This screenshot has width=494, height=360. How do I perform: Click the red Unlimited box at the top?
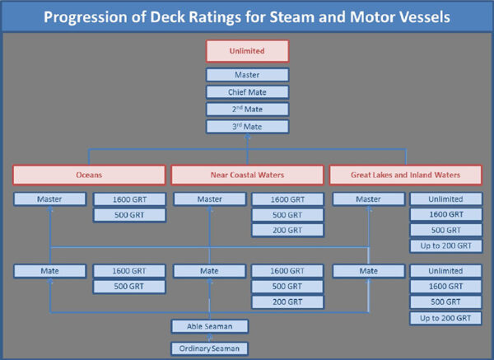click(247, 52)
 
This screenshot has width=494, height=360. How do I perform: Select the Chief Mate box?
click(247, 91)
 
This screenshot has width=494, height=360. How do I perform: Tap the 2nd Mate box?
click(247, 109)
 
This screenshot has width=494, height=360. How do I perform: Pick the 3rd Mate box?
click(247, 126)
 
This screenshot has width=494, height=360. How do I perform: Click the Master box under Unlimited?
click(247, 75)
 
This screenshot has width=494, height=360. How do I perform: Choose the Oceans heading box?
click(90, 175)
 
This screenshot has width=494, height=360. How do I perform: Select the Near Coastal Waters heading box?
click(247, 175)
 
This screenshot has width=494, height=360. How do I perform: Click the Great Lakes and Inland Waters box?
click(405, 175)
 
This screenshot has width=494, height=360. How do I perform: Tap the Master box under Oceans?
click(49, 199)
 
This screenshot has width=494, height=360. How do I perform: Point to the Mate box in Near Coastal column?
click(208, 269)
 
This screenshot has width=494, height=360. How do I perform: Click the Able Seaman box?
click(207, 325)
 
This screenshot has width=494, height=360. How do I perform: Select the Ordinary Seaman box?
click(207, 348)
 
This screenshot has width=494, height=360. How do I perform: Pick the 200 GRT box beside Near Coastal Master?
click(287, 231)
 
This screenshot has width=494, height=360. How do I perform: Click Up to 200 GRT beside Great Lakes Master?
click(446, 245)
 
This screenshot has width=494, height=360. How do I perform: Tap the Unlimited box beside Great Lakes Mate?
click(446, 269)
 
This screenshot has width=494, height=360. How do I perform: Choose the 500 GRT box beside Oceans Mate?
click(129, 286)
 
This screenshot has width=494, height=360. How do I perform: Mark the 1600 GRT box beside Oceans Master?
click(129, 199)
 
